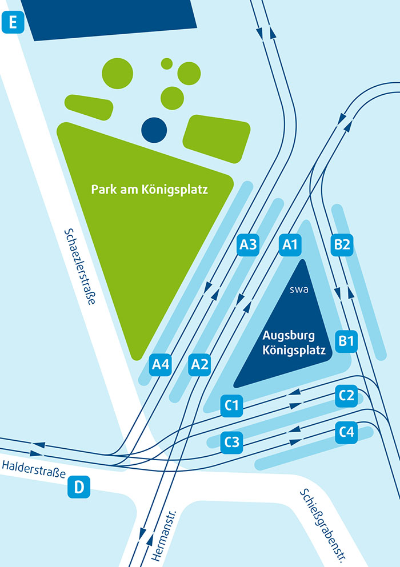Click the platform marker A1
pos(290,245)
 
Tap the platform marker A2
pos(199,363)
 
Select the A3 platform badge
pos(249,245)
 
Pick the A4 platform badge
pos(161,364)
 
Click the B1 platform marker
pos(347,341)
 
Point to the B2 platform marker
pos(342,245)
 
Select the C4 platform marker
pos(347,432)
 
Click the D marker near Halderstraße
pos(79,487)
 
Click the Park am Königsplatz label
pos(149,189)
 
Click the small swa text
pos(299,288)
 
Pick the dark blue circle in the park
pos(154,130)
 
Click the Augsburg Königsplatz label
pos(294,343)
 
